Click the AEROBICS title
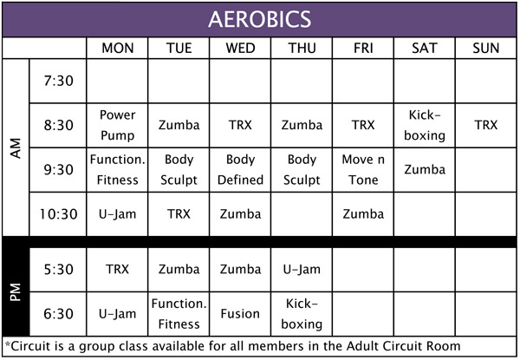[x=260, y=19]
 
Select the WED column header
[x=240, y=49]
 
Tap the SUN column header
[x=486, y=49]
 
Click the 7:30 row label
[x=58, y=81]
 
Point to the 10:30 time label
[x=58, y=214]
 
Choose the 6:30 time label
[x=58, y=314]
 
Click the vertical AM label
[x=16, y=148]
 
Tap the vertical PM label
[x=16, y=292]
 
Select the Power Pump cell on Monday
[x=117, y=125]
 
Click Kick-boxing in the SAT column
[x=425, y=125]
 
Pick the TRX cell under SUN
[x=486, y=125]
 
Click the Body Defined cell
[x=240, y=169]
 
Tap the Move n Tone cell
[x=363, y=169]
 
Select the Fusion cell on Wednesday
[x=240, y=314]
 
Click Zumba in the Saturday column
[x=425, y=169]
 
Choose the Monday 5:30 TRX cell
[x=117, y=269]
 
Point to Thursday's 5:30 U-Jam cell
[x=302, y=269]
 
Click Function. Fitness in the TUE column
[x=179, y=314]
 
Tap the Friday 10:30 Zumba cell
[x=363, y=214]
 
